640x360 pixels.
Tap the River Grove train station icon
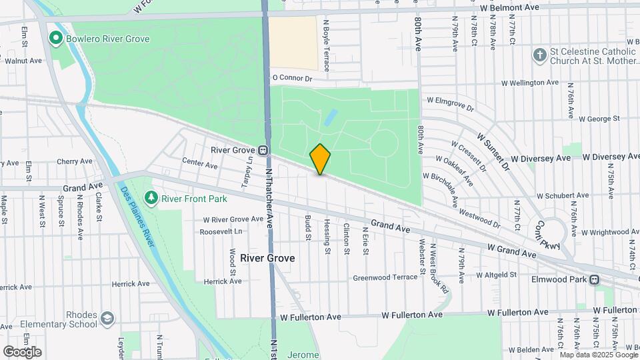click(x=264, y=150)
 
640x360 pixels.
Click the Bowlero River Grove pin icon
click(x=57, y=39)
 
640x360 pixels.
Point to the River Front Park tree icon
click(x=152, y=198)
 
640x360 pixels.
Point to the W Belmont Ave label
click(x=509, y=7)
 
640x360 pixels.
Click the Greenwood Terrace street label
click(x=385, y=277)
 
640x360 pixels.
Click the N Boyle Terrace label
click(x=327, y=44)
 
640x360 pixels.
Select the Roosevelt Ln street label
click(x=221, y=232)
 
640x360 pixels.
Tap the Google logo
click(x=22, y=351)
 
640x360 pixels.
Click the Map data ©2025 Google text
click(x=596, y=353)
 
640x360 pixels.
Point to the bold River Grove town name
click(x=267, y=257)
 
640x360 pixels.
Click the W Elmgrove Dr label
click(x=450, y=103)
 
